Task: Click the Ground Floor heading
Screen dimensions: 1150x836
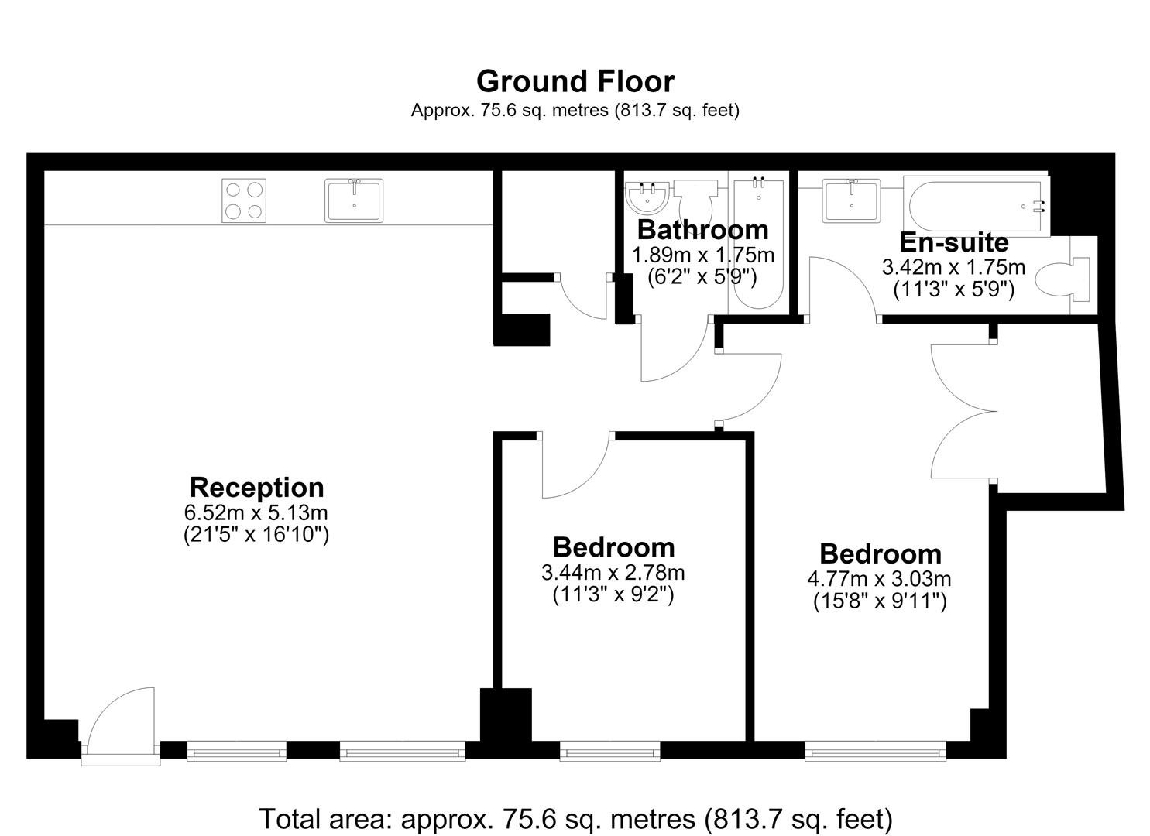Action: [x=575, y=81]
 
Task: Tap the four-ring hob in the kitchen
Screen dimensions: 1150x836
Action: [x=244, y=200]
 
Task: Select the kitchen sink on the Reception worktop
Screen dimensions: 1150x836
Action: [x=354, y=200]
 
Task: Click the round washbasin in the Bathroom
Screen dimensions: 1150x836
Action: [x=647, y=197]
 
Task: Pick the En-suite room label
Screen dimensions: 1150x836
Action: [x=954, y=242]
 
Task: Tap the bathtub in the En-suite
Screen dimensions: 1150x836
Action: [x=976, y=207]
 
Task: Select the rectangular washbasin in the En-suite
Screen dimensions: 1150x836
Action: [x=851, y=200]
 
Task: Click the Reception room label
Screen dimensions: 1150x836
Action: [x=256, y=487]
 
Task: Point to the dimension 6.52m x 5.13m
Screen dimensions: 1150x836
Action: [x=256, y=512]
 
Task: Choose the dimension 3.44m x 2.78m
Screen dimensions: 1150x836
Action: [x=613, y=572]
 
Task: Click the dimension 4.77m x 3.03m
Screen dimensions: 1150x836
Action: [x=880, y=579]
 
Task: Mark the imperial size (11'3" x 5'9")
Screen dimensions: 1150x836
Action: [x=954, y=290]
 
